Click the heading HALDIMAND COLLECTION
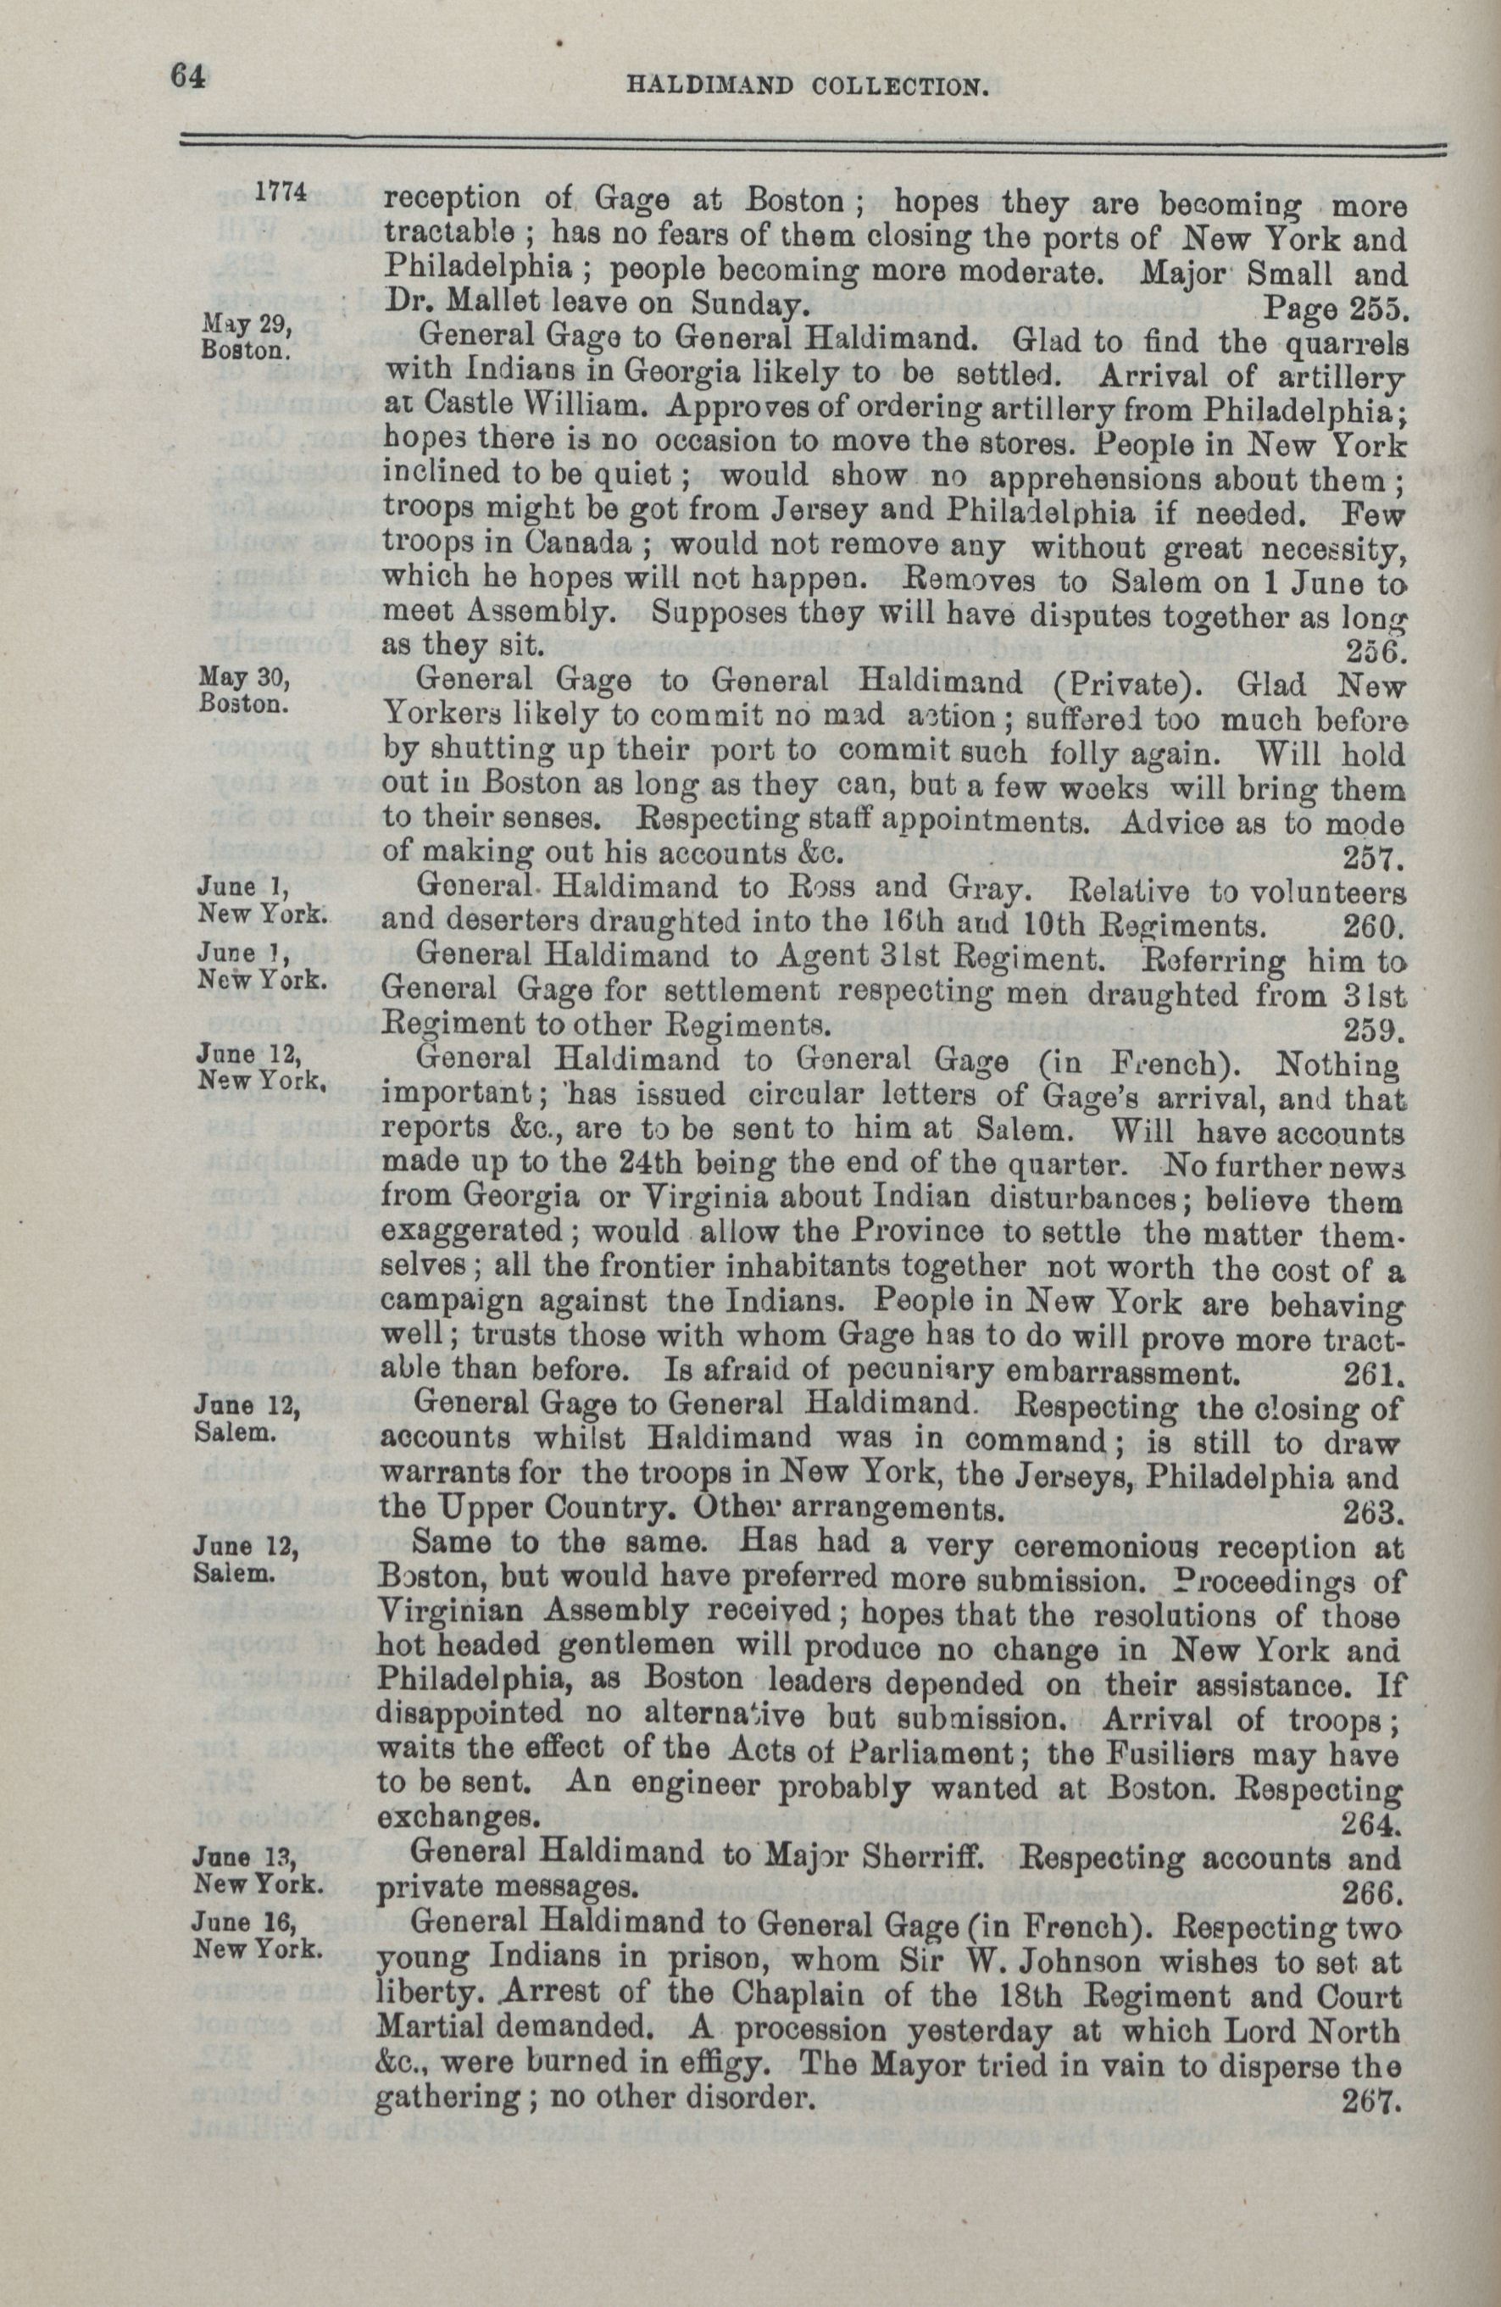808,87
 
